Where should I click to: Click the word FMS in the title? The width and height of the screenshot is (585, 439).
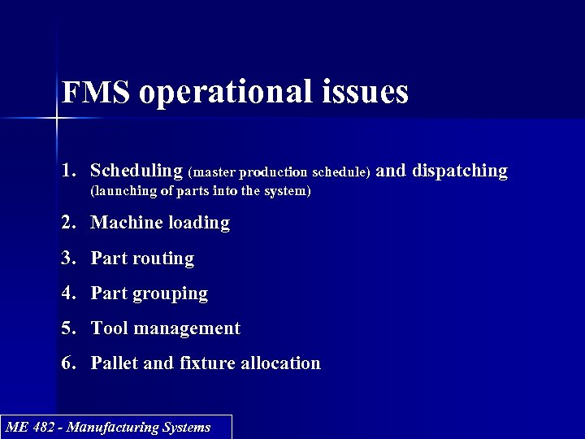tap(96, 93)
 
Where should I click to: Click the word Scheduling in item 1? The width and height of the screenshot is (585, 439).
tap(136, 171)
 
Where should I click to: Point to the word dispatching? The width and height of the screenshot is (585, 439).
tap(460, 171)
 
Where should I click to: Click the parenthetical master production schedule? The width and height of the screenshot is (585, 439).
tap(279, 172)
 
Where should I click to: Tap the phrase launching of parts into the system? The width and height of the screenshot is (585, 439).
tap(200, 192)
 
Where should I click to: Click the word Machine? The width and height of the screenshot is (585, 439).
tap(125, 222)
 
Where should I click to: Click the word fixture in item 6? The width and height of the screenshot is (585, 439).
tap(203, 363)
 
